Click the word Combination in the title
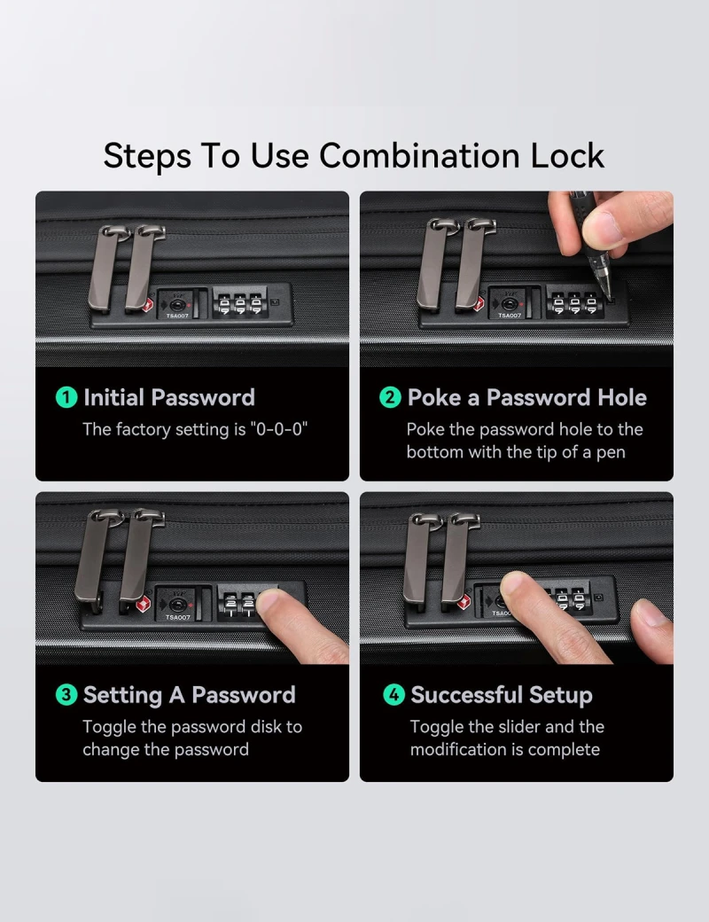[419, 156]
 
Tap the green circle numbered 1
[66, 397]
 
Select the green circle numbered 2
[390, 397]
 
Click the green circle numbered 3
[66, 695]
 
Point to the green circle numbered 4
[393, 695]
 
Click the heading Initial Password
[169, 397]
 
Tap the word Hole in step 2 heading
[622, 397]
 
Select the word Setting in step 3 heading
[122, 696]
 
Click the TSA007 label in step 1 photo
[177, 316]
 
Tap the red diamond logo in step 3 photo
[144, 605]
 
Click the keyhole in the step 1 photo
[176, 305]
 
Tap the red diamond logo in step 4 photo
[464, 602]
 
